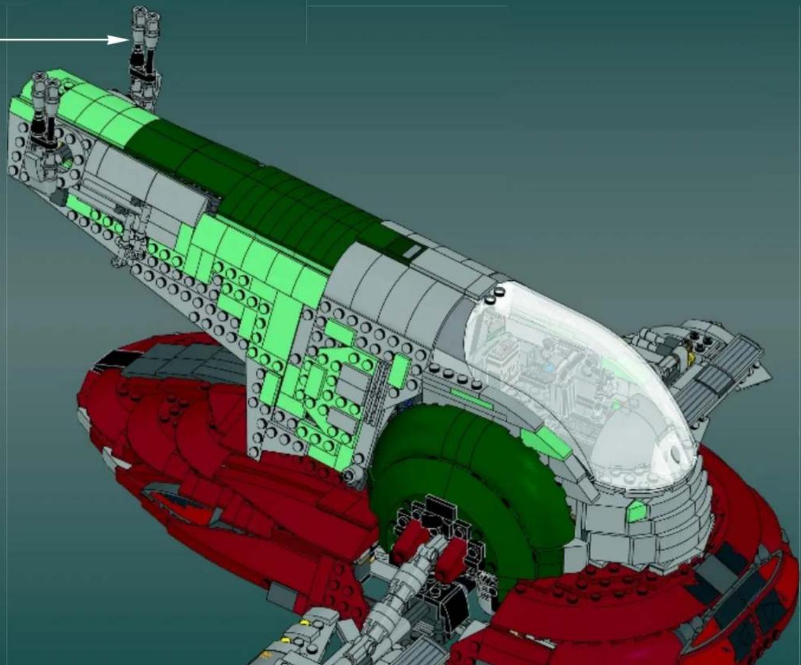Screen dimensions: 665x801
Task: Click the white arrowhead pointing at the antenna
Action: pos(121,40)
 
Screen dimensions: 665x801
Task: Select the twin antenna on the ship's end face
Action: pos(46,110)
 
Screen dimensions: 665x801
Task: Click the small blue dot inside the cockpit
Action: pos(550,368)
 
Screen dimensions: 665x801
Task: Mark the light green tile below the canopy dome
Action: pos(636,510)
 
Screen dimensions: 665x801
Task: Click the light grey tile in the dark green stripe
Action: pos(413,252)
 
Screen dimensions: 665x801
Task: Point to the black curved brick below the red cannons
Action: pos(441,598)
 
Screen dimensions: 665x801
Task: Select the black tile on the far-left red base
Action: pos(107,357)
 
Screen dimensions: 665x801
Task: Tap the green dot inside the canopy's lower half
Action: pos(617,405)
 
